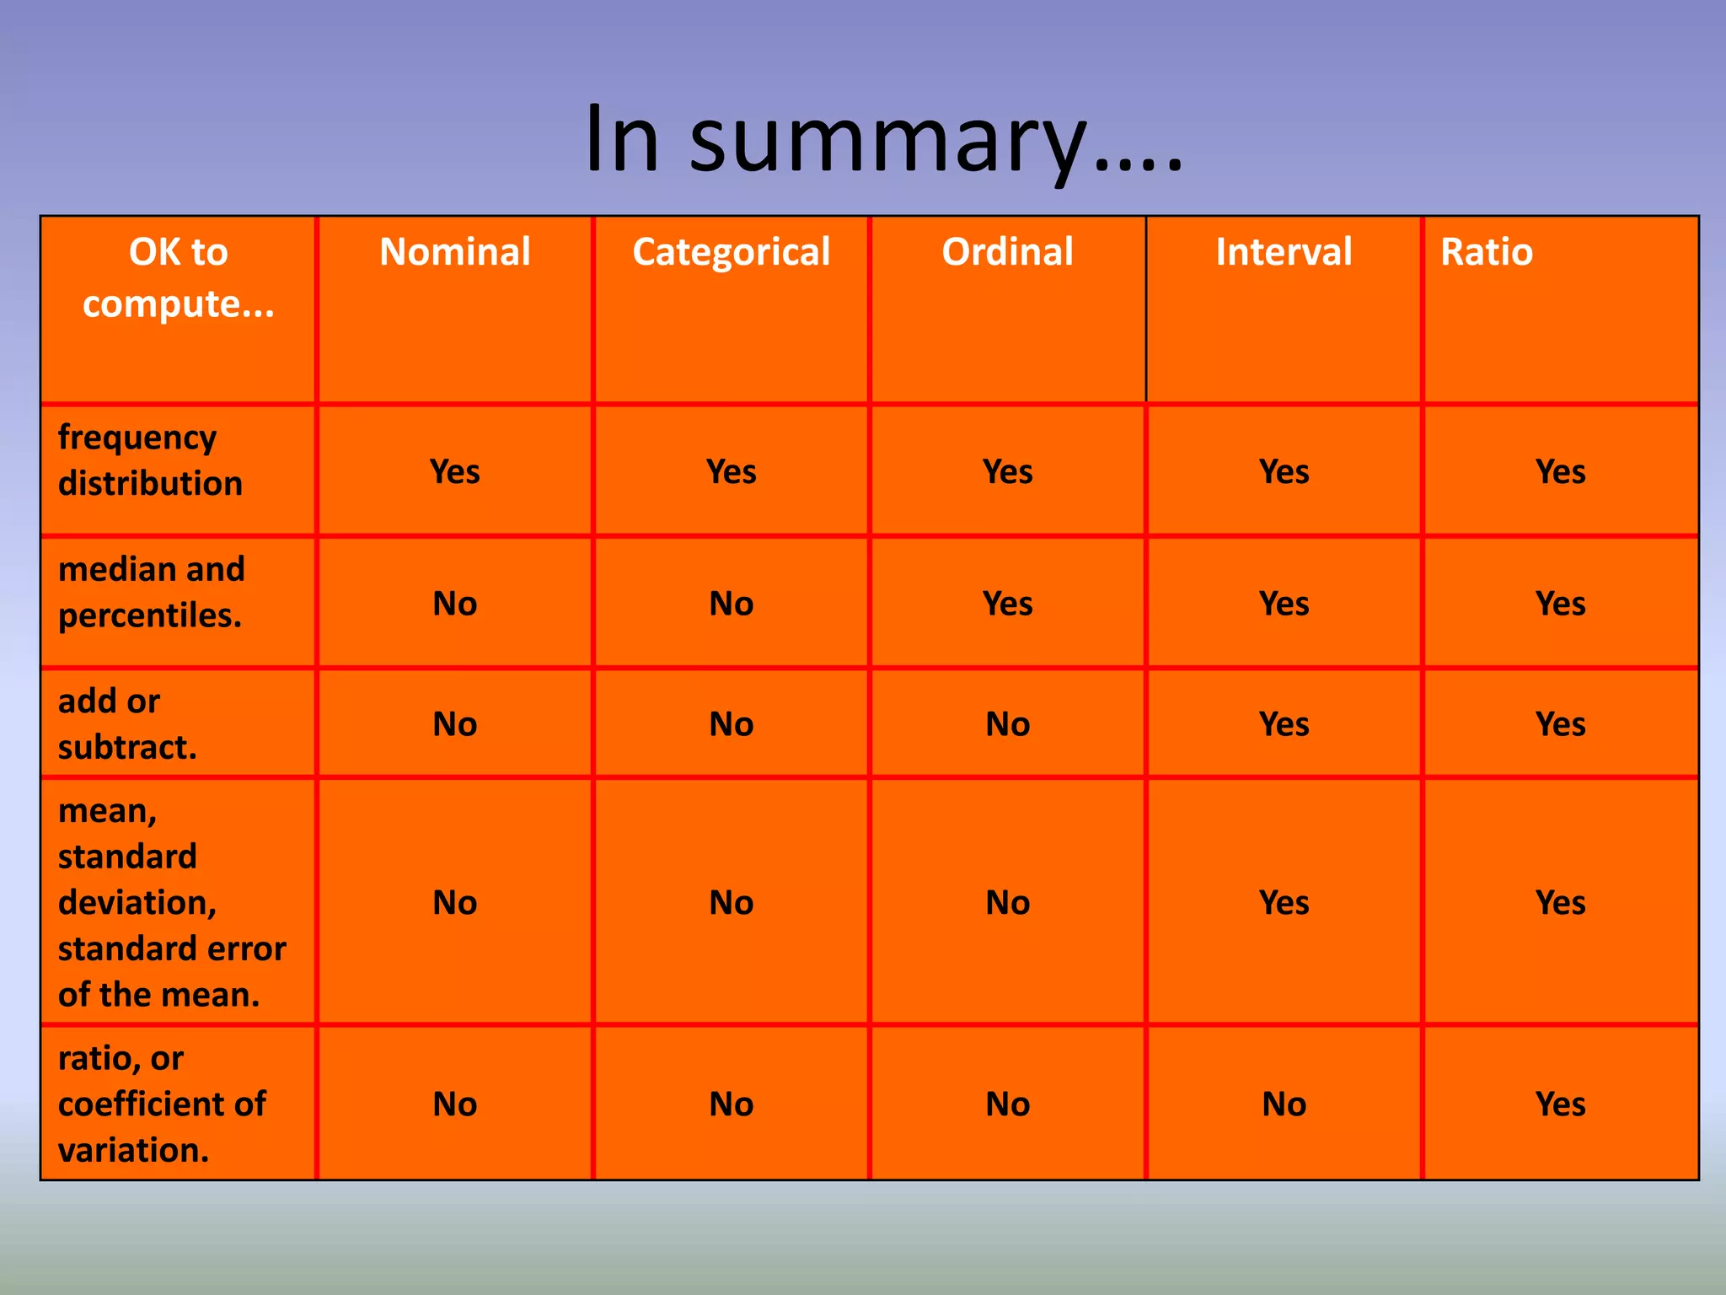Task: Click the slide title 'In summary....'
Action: pyautogui.click(x=883, y=139)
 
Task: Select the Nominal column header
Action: pyautogui.click(x=455, y=252)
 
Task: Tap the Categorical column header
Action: pyautogui.click(x=732, y=252)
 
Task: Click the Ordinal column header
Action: pyautogui.click(x=1007, y=252)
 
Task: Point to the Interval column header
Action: pyautogui.click(x=1284, y=252)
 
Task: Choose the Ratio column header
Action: pyautogui.click(x=1487, y=252)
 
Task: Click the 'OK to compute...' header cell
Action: pyautogui.click(x=179, y=277)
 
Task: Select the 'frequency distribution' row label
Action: pyautogui.click(x=150, y=460)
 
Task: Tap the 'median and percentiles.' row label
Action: pyautogui.click(x=152, y=592)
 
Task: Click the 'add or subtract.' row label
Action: pyautogui.click(x=126, y=723)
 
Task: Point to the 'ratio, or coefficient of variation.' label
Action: pyautogui.click(x=162, y=1104)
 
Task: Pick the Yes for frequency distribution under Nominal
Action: pyautogui.click(x=455, y=472)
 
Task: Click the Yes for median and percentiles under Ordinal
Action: pyautogui.click(x=1007, y=604)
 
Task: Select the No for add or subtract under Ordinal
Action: pyautogui.click(x=1007, y=724)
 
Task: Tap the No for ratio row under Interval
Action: pyautogui.click(x=1284, y=1104)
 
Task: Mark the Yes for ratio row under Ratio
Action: pyautogui.click(x=1560, y=1104)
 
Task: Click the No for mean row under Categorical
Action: pyautogui.click(x=732, y=903)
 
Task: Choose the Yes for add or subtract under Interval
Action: pyautogui.click(x=1284, y=724)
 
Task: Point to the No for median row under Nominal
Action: pyautogui.click(x=455, y=604)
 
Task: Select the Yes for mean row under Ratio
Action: pyautogui.click(x=1560, y=903)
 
